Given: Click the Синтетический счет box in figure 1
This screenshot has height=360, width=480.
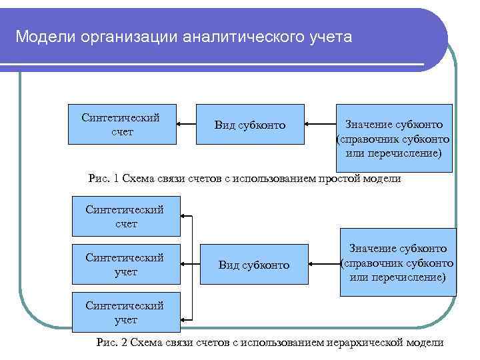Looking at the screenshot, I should click(122, 124).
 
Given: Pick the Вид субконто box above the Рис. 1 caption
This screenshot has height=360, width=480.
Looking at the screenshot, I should click(250, 125).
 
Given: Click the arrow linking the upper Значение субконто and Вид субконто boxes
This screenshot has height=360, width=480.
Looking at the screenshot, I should click(320, 124).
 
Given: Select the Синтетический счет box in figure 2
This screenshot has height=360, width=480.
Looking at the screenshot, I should click(125, 216).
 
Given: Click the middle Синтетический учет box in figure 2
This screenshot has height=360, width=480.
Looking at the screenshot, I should click(125, 265).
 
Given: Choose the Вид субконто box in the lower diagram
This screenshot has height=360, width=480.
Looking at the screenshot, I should click(254, 265).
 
